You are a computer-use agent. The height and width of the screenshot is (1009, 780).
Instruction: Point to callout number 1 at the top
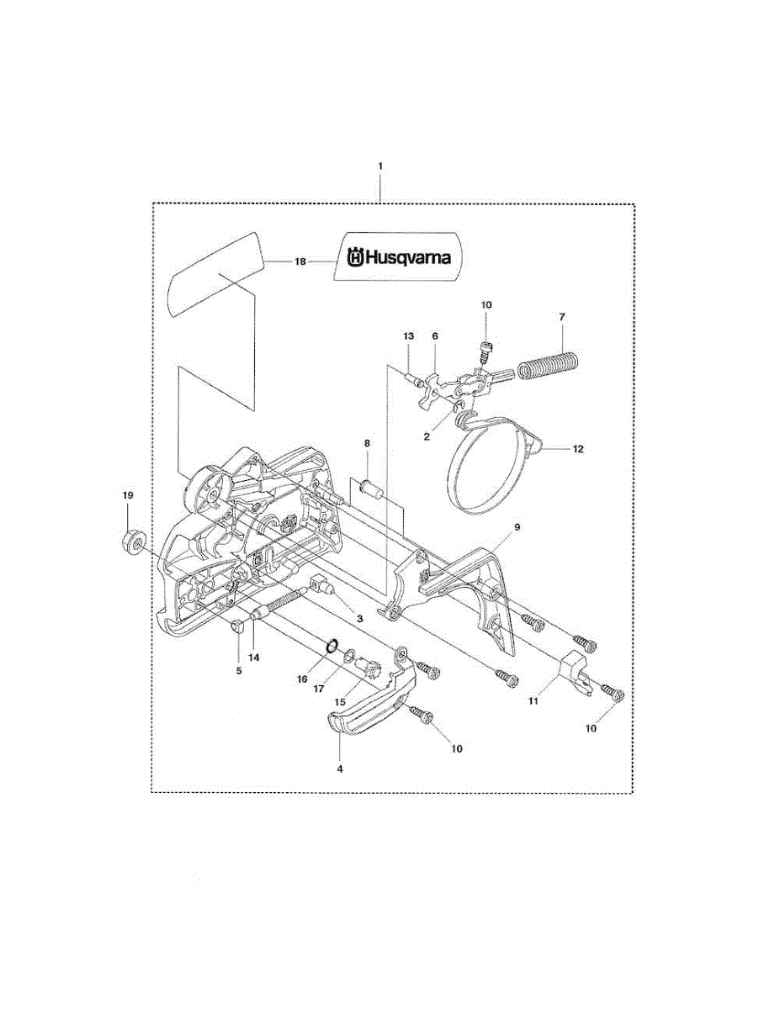(379, 166)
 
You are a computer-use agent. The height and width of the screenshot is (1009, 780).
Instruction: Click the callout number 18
(300, 262)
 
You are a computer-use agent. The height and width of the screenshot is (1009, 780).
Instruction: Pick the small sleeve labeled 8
(372, 488)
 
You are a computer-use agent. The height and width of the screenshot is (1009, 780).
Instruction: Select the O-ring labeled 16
(332, 646)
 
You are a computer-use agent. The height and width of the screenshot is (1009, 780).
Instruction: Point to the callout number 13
(409, 335)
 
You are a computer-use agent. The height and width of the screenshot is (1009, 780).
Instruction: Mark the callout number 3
(359, 618)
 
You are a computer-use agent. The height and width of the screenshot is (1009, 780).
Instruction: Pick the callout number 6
(435, 335)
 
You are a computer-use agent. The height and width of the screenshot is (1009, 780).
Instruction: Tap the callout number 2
(427, 436)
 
